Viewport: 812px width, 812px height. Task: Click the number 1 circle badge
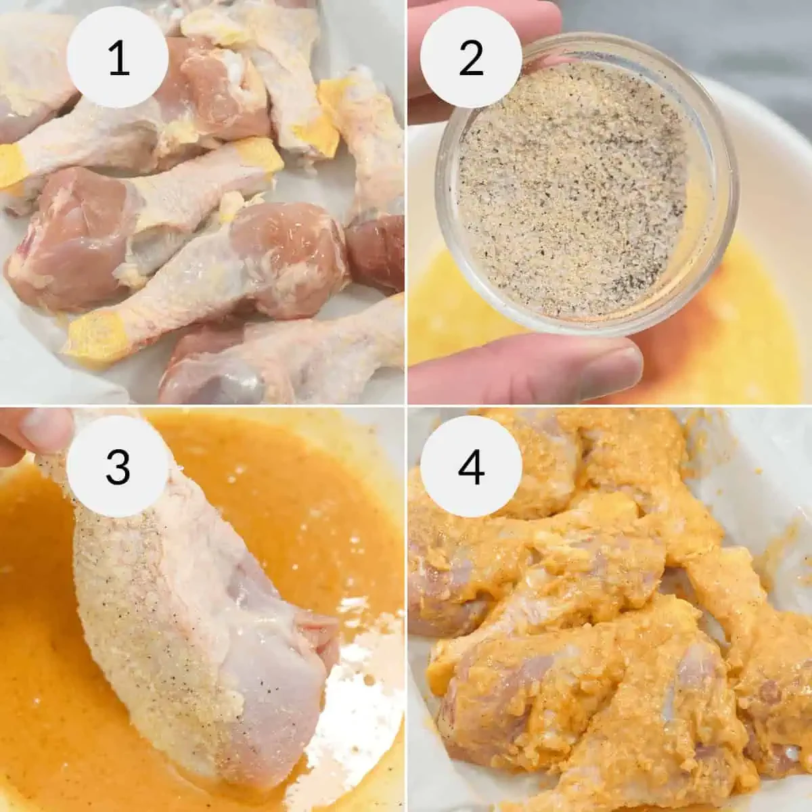tap(118, 58)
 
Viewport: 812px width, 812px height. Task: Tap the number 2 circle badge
tap(471, 58)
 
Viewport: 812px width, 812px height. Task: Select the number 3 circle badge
tap(118, 466)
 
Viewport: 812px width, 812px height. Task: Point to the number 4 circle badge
tap(471, 466)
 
